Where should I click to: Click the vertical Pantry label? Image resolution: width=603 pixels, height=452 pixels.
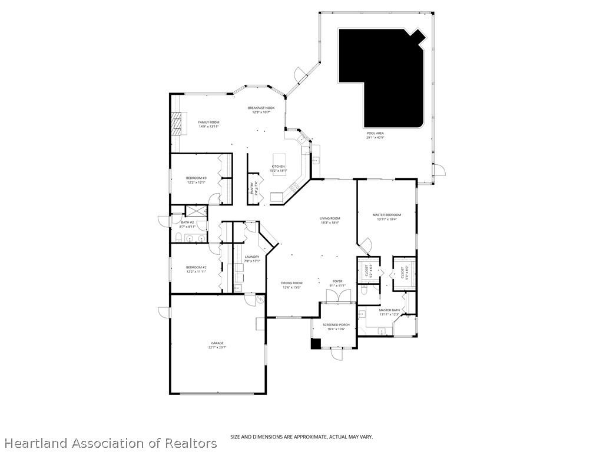click(x=255, y=188)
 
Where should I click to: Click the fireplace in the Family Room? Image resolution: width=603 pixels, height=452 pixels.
click(x=175, y=124)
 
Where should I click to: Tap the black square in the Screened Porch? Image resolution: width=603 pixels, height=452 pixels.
click(x=316, y=343)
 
